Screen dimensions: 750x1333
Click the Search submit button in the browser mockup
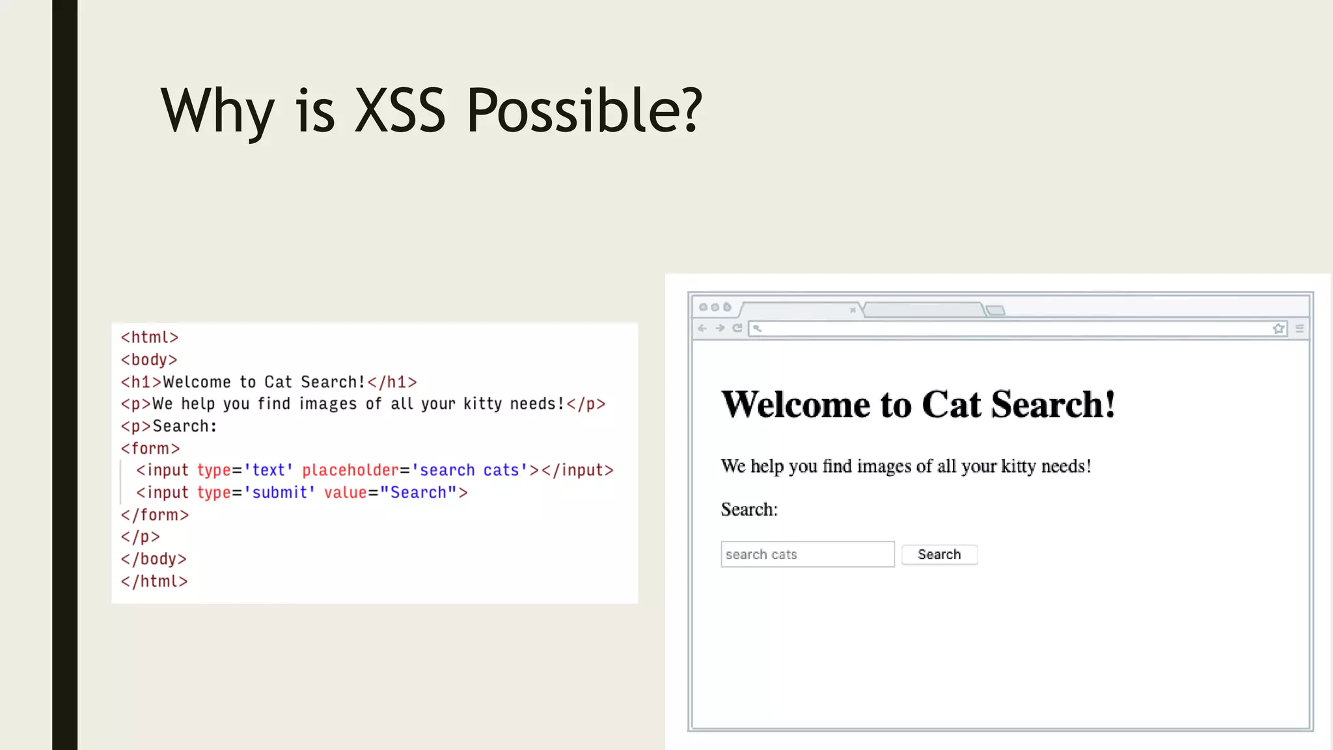[x=939, y=555]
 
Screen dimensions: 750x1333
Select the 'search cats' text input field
[x=807, y=555]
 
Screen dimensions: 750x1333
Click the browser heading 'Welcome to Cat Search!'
[x=918, y=404]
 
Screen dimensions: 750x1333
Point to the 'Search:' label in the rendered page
[x=749, y=510]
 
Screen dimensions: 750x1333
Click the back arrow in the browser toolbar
[x=702, y=328]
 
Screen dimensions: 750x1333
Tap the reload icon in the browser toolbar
[x=737, y=328]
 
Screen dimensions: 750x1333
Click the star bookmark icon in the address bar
[x=1278, y=329]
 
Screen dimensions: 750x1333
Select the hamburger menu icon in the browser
[x=1300, y=329]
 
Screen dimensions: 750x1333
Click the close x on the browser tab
[x=853, y=310]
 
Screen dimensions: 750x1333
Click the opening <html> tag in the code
[x=150, y=337]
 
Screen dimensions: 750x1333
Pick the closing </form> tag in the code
[x=155, y=515]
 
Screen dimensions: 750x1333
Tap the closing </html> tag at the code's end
[x=154, y=581]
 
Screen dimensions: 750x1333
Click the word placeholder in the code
[x=350, y=470]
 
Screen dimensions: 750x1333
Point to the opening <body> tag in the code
[x=149, y=359]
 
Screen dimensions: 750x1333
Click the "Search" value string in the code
[x=418, y=493]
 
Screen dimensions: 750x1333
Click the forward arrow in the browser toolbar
[x=720, y=328]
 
